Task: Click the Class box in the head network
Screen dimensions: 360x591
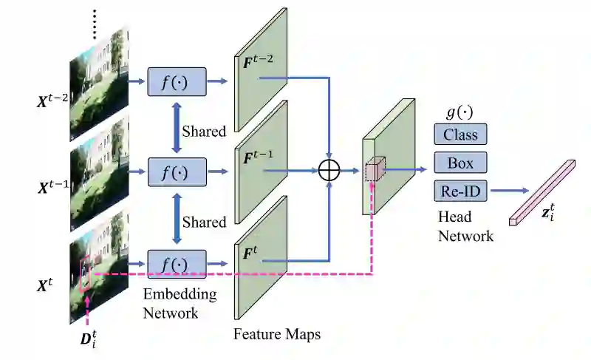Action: (x=460, y=134)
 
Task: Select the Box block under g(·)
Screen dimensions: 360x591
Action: (x=460, y=163)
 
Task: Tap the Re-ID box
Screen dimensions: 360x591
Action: (x=460, y=191)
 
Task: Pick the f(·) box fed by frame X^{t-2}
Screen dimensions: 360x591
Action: (x=177, y=82)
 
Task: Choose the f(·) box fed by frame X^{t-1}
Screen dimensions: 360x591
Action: (x=177, y=172)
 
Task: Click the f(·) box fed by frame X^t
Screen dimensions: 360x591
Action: (x=177, y=263)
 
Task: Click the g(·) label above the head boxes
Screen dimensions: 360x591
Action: (x=460, y=112)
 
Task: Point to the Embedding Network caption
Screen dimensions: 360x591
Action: (x=180, y=304)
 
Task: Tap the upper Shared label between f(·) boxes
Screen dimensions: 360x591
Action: (x=205, y=132)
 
